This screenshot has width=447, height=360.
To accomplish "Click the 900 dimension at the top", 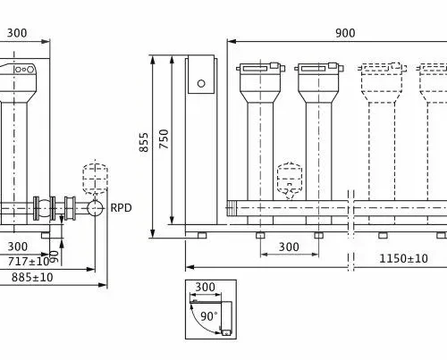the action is point(345,33).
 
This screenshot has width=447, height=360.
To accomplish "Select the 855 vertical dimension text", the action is point(144,142).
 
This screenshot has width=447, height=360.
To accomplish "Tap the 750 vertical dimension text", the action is point(164,138).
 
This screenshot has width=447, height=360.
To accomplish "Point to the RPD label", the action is point(121,207).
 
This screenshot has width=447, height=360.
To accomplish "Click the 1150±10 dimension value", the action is point(403,258).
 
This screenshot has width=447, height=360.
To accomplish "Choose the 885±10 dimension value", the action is point(32,277).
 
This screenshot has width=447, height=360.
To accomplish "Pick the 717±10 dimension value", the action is point(29,262).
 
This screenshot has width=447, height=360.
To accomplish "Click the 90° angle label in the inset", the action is point(209,316).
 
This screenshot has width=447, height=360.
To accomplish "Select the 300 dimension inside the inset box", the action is point(205,287).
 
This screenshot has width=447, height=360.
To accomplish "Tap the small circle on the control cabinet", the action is point(201,84).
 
